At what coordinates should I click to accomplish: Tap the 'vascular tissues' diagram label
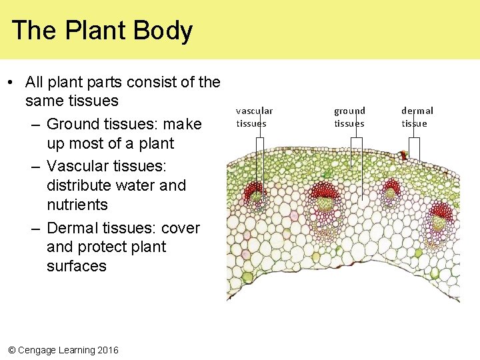[254, 117]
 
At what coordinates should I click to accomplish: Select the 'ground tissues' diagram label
[349, 117]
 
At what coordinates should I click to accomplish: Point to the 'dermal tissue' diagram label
[417, 117]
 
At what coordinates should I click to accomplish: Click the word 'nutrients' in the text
[77, 205]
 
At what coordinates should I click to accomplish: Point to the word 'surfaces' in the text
[77, 266]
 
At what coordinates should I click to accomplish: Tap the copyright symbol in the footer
[11, 350]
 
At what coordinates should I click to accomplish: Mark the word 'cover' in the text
[181, 228]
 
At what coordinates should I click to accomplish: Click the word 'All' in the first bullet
[35, 83]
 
